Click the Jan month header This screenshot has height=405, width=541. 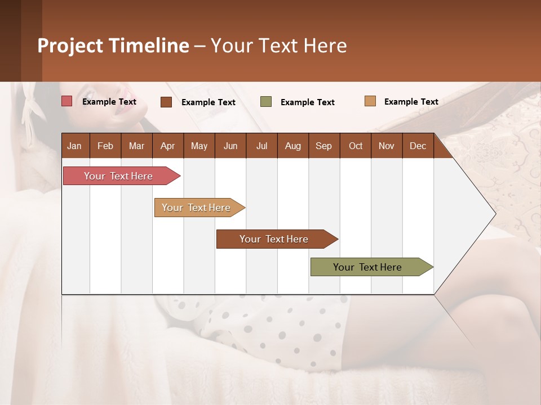click(74, 146)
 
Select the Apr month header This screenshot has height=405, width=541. click(167, 146)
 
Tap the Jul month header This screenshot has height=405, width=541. click(261, 146)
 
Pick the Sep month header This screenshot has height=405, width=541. click(323, 146)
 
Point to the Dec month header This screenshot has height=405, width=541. click(418, 146)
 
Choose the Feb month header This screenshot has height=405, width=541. click(105, 146)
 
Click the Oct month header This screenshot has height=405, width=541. click(356, 146)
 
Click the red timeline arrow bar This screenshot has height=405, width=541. click(118, 176)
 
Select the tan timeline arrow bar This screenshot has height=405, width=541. click(196, 208)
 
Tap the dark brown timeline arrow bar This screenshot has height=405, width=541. click(274, 239)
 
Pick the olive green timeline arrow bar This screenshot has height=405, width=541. click(367, 267)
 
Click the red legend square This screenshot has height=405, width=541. click(67, 101)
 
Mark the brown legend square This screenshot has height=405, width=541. click(166, 102)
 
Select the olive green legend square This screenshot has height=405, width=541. click(266, 102)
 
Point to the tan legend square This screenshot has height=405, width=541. click(370, 101)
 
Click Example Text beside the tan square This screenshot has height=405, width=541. click(411, 102)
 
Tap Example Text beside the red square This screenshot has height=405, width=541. click(109, 102)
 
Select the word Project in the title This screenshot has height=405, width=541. click(69, 46)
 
